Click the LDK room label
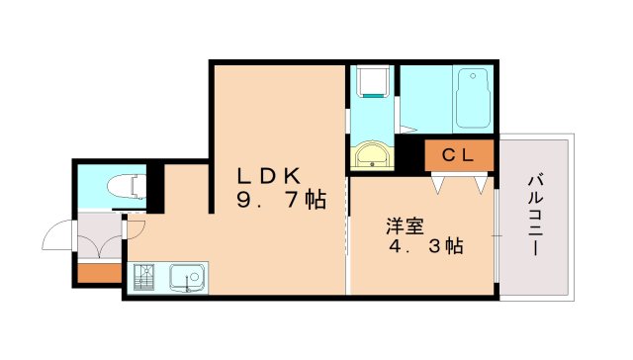pyautogui.click(x=267, y=175)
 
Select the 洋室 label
pyautogui.click(x=405, y=225)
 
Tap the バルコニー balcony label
pyautogui.click(x=535, y=216)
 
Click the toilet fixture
pyautogui.click(x=127, y=185)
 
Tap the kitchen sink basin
pyautogui.click(x=186, y=276)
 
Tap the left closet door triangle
pyautogui.click(x=439, y=183)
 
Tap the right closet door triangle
pyautogui.click(x=481, y=183)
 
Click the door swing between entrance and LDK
pyautogui.click(x=135, y=226)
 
